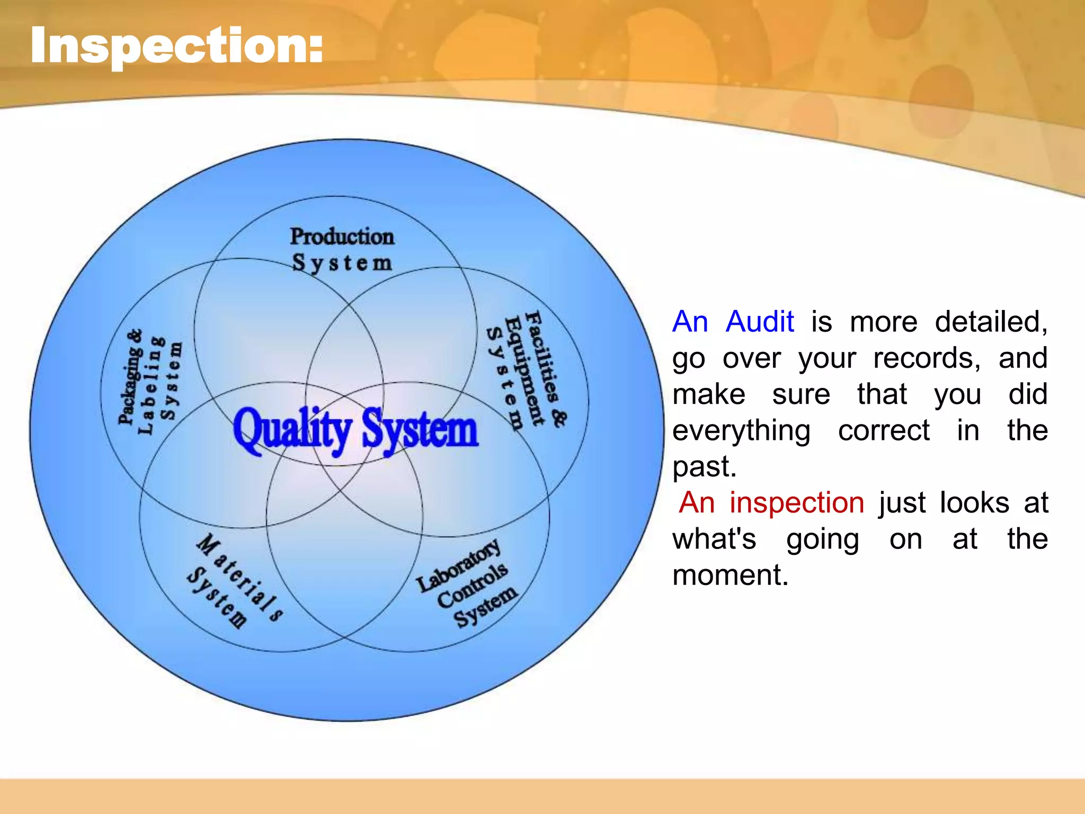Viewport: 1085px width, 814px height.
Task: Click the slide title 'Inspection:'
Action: click(x=176, y=47)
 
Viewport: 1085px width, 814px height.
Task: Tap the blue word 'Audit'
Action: click(x=760, y=322)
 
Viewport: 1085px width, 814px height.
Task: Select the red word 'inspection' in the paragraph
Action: click(x=797, y=502)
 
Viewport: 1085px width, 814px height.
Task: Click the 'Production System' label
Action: click(x=342, y=249)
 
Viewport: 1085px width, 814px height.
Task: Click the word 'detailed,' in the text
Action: click(x=991, y=322)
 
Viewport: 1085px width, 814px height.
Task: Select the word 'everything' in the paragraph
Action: click(x=741, y=430)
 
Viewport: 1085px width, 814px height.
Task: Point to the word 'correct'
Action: click(x=883, y=430)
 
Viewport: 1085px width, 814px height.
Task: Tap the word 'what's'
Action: click(x=714, y=539)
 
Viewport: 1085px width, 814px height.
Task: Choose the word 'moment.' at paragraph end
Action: click(x=730, y=576)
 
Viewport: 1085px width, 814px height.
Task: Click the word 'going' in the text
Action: click(x=822, y=539)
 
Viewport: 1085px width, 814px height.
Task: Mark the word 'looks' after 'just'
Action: click(x=974, y=502)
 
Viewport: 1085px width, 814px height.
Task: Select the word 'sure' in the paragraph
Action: click(x=801, y=395)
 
